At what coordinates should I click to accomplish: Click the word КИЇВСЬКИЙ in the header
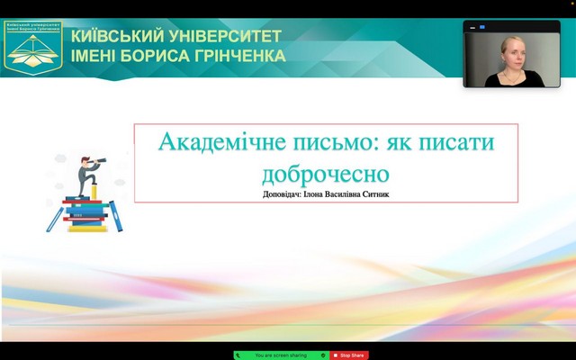point(114,36)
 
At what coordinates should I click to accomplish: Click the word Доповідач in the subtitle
point(277,193)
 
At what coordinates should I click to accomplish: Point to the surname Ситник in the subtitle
point(379,193)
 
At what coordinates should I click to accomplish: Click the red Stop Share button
point(349,355)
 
